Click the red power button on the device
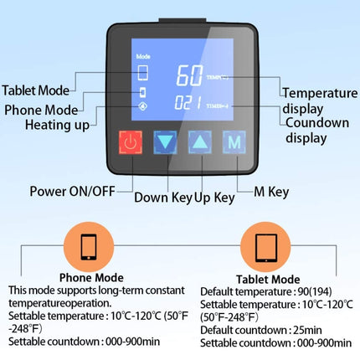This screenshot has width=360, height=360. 130,142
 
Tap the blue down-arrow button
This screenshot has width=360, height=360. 167,142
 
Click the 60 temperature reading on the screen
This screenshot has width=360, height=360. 190,75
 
